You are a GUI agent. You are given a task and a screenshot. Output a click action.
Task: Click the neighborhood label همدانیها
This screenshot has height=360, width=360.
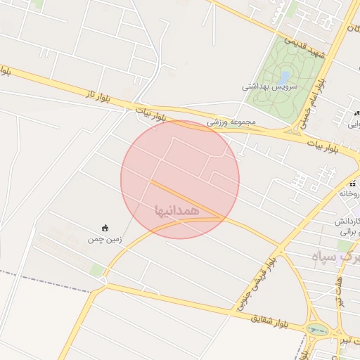click(177, 210)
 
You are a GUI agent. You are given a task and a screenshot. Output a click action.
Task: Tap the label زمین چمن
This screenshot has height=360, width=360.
click(105, 239)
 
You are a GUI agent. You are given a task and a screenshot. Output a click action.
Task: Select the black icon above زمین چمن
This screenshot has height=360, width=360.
click(105, 227)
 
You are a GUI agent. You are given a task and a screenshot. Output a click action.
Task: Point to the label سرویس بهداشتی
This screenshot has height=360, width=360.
click(270, 86)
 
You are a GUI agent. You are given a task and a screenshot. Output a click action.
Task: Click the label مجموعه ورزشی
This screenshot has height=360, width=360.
click(231, 122)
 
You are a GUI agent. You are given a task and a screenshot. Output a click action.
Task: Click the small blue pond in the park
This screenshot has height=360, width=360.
click(285, 75)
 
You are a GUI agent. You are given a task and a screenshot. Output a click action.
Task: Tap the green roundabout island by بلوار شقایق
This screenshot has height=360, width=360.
click(318, 328)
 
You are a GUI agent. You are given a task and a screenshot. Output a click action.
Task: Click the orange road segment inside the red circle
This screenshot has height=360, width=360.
click(184, 199)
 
